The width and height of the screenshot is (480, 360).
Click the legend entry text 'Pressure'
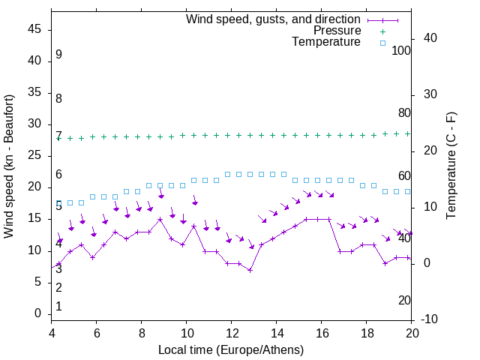click(x=337, y=31)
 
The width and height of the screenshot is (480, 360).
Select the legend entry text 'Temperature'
click(x=326, y=42)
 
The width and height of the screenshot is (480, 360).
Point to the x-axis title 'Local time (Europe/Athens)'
click(x=231, y=349)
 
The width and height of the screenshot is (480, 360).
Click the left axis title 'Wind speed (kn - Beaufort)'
click(x=9, y=166)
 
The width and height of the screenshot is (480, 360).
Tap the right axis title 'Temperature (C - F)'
click(x=451, y=166)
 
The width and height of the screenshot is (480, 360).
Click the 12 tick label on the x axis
click(x=232, y=334)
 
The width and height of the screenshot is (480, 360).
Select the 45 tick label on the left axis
click(x=34, y=31)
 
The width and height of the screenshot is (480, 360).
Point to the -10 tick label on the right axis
click(x=431, y=319)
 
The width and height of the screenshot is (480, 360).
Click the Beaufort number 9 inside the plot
click(x=58, y=55)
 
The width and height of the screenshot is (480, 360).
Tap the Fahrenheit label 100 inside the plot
click(x=401, y=50)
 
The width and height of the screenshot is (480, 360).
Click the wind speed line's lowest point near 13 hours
click(x=250, y=270)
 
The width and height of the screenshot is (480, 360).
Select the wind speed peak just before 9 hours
click(x=160, y=220)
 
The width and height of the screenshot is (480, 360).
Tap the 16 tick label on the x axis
click(x=322, y=334)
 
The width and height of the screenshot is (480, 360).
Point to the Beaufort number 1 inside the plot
click(x=58, y=307)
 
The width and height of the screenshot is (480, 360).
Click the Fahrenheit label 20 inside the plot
click(x=404, y=301)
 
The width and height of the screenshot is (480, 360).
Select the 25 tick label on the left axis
click(x=34, y=156)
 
